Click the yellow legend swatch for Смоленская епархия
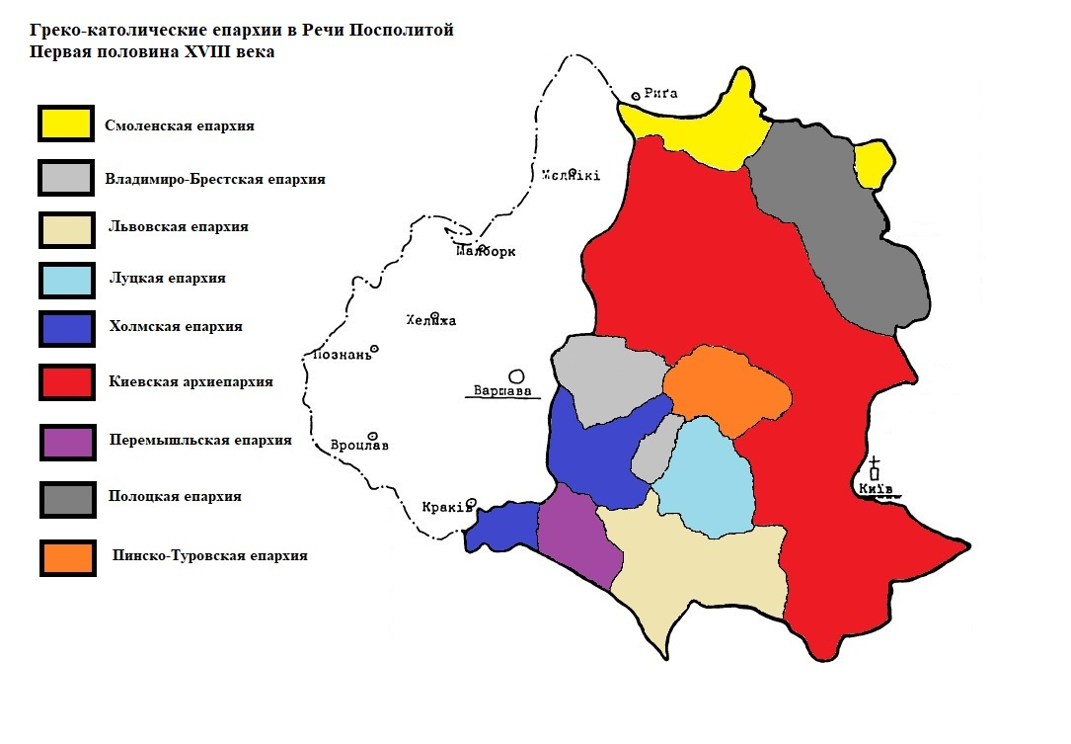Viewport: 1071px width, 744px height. click(66, 124)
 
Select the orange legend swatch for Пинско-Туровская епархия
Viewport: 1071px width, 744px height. click(66, 556)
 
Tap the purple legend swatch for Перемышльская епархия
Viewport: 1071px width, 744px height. click(66, 441)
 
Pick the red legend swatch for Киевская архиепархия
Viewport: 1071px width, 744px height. click(66, 381)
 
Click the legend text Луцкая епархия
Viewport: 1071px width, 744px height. click(167, 279)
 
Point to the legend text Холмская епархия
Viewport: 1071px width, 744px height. click(176, 327)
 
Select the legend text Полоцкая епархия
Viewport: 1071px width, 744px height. click(175, 497)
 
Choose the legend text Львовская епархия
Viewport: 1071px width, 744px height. click(178, 227)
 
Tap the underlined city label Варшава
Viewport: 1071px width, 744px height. click(502, 391)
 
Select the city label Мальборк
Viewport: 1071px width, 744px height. click(486, 252)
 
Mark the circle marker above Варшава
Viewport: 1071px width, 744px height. click(515, 375)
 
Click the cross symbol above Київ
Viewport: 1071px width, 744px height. click(875, 464)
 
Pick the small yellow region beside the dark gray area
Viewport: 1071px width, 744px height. click(874, 164)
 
